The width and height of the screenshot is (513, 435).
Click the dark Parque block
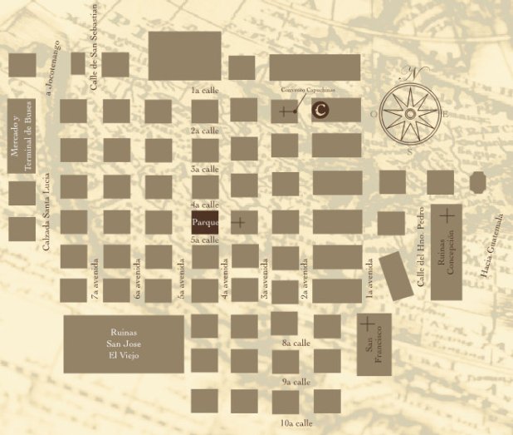(x=205, y=222)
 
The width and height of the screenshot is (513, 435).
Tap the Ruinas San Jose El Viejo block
(x=124, y=344)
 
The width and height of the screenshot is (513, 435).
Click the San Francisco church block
(x=374, y=344)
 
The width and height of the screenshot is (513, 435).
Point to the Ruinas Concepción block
(x=447, y=251)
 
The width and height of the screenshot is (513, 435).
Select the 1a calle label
(x=204, y=89)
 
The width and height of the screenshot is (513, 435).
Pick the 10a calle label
(x=296, y=423)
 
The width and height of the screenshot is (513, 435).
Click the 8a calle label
(x=296, y=342)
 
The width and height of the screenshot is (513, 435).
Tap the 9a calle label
(x=296, y=382)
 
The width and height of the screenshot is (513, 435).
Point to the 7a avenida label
(x=95, y=277)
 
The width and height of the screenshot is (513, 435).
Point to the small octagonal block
(x=477, y=181)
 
